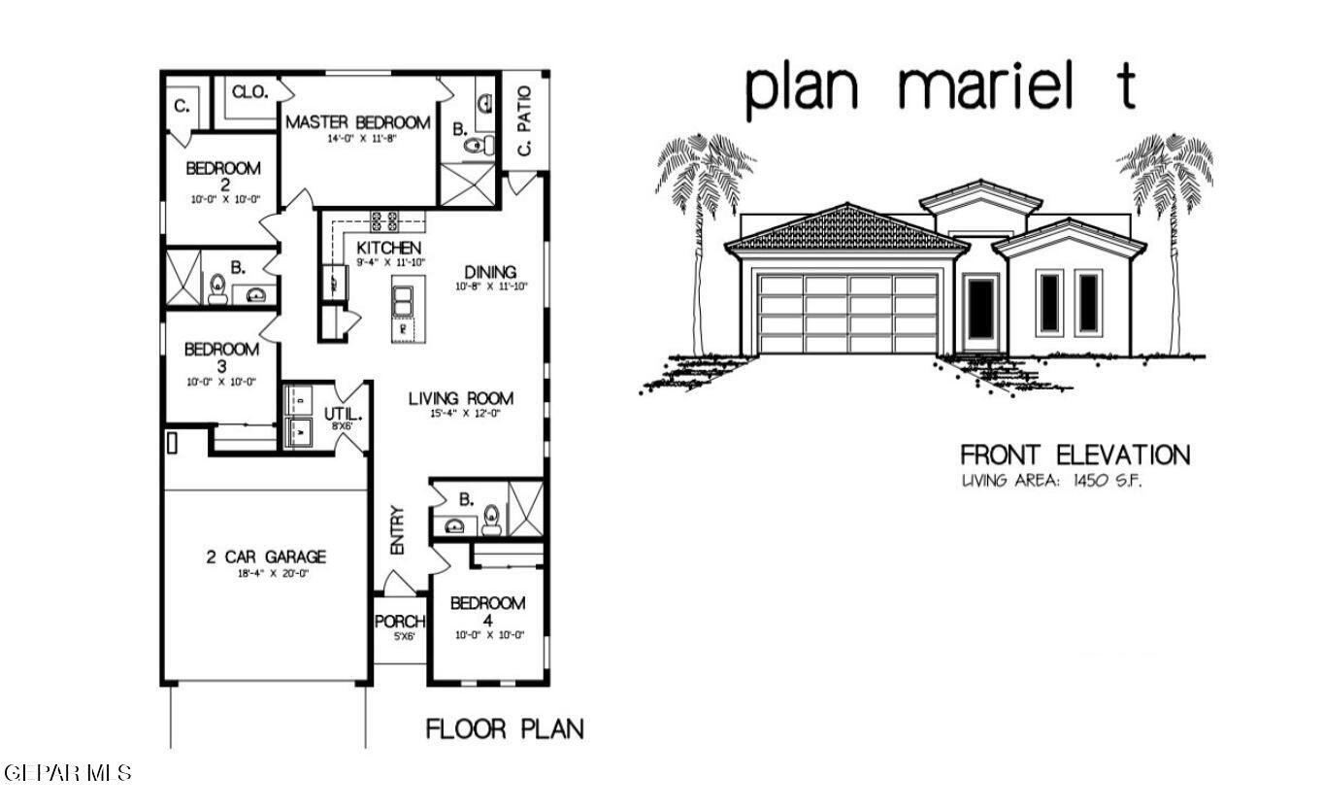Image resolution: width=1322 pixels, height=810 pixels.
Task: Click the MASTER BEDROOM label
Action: tap(357, 123)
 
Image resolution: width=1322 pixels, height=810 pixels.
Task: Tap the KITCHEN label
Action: tap(388, 249)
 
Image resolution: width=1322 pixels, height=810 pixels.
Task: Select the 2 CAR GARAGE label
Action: tap(265, 557)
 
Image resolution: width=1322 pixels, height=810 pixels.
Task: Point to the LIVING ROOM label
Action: tap(460, 398)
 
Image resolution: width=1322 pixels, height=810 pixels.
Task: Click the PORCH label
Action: tap(400, 622)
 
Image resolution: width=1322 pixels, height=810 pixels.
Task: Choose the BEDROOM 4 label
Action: tap(487, 611)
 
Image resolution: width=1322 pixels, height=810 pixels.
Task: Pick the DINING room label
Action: tap(490, 272)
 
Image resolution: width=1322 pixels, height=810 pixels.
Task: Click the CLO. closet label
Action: tap(249, 91)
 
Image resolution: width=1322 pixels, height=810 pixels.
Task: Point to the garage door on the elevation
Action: tap(848, 313)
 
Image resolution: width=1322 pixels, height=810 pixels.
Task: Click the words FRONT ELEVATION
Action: tap(1074, 455)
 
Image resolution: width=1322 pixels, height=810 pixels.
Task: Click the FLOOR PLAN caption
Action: tap(505, 728)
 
